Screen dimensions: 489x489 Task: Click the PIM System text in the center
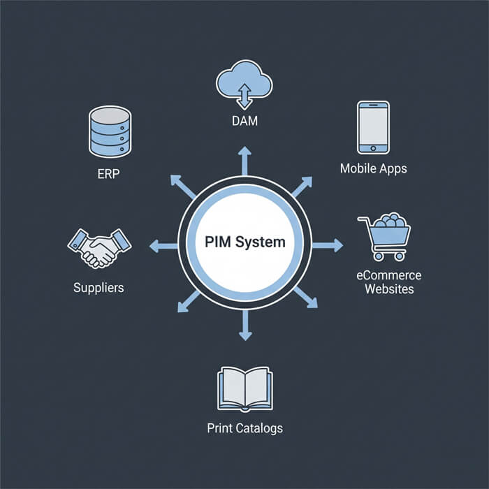[x=245, y=243]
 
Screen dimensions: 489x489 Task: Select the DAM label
[x=244, y=122]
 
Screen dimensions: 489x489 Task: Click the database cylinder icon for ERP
[x=109, y=131]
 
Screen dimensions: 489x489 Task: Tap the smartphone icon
[x=372, y=127]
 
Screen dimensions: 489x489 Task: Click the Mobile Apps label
[x=373, y=168]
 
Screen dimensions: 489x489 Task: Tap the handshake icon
[x=99, y=247]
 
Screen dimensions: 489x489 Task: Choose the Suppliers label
[x=99, y=287]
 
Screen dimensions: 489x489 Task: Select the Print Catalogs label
[x=245, y=428]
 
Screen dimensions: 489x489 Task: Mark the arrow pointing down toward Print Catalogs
[x=245, y=326]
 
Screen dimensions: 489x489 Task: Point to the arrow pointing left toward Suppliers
[x=163, y=245]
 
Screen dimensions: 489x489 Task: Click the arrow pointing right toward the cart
[x=328, y=245]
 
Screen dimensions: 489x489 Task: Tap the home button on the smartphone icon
[x=372, y=148]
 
